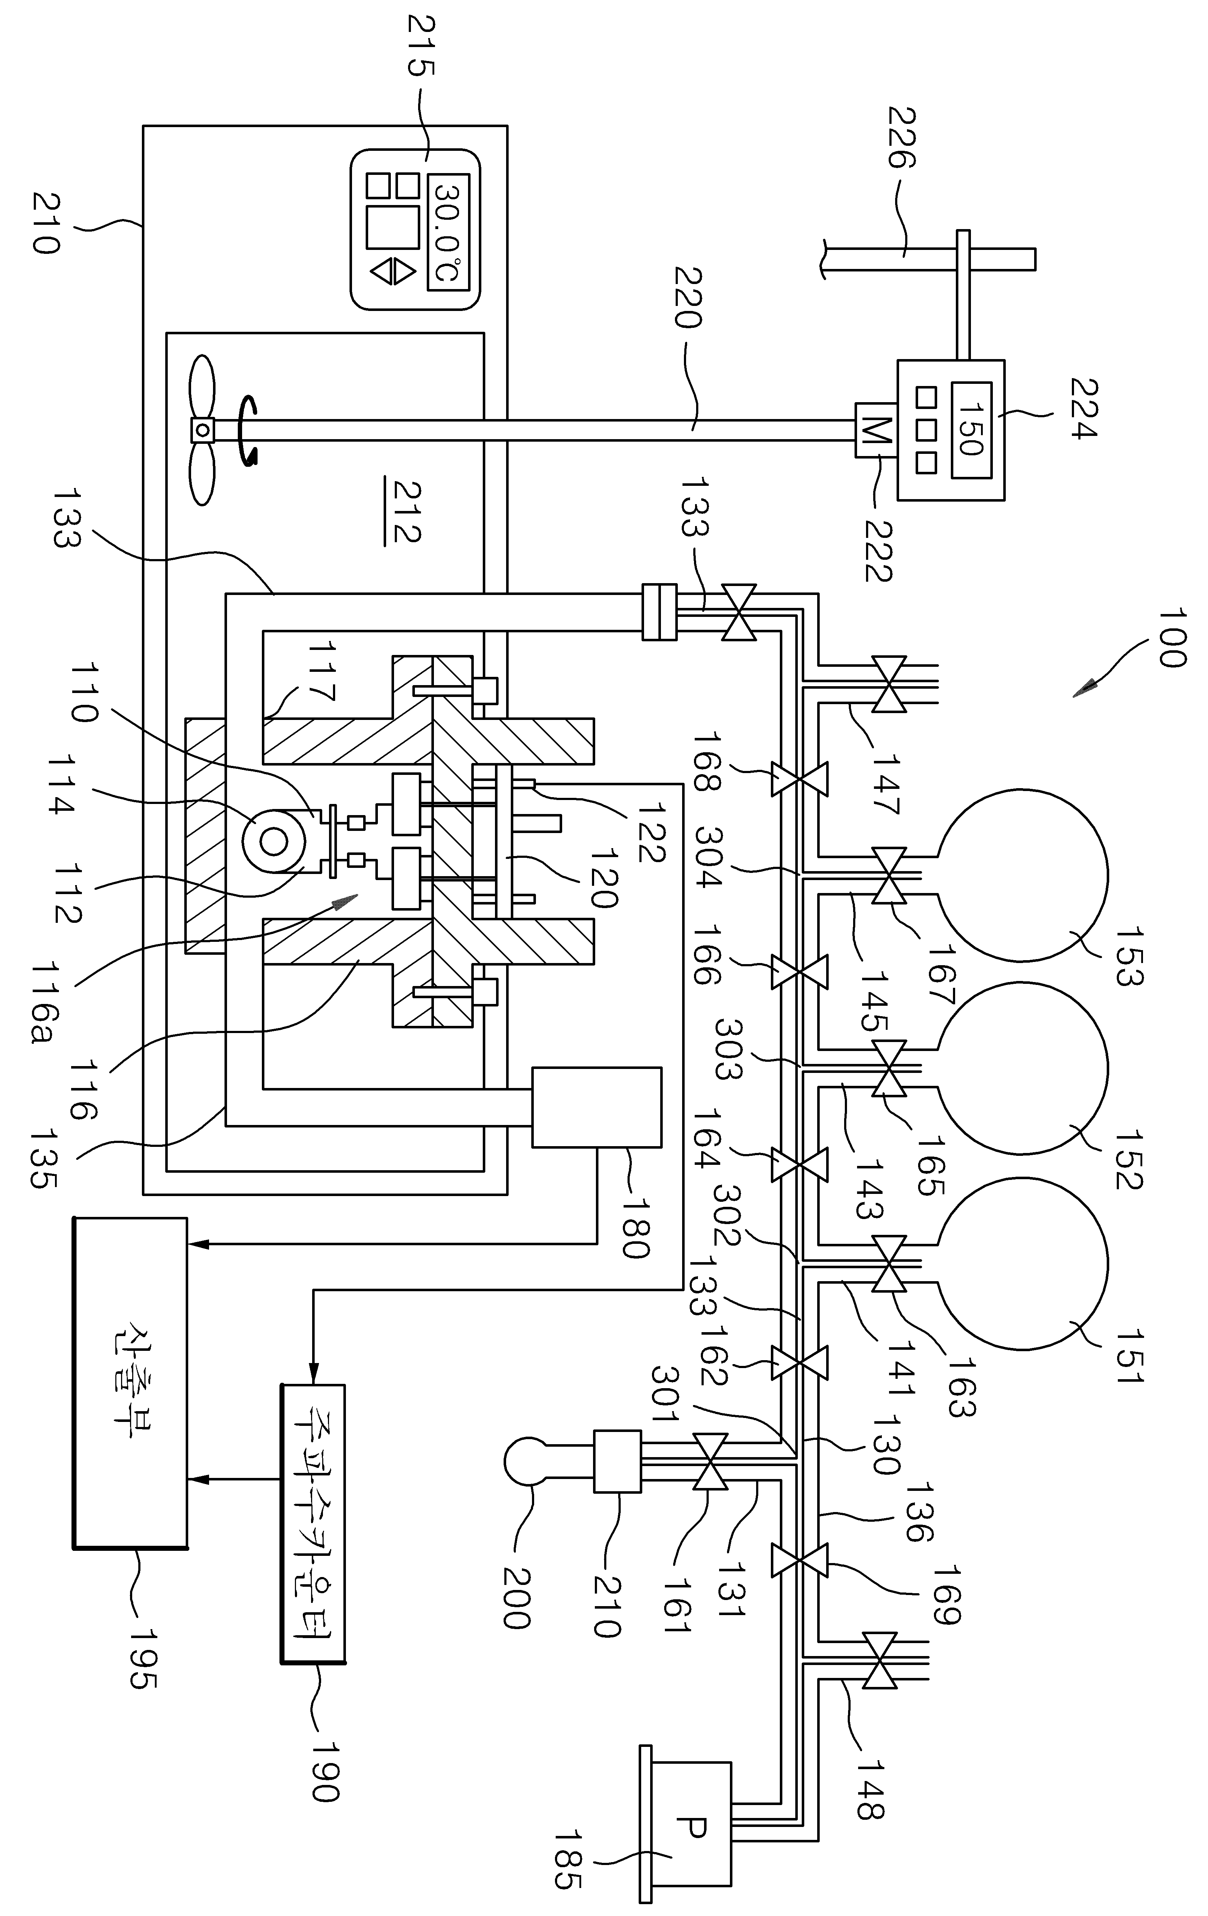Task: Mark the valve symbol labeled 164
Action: coord(799,1166)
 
